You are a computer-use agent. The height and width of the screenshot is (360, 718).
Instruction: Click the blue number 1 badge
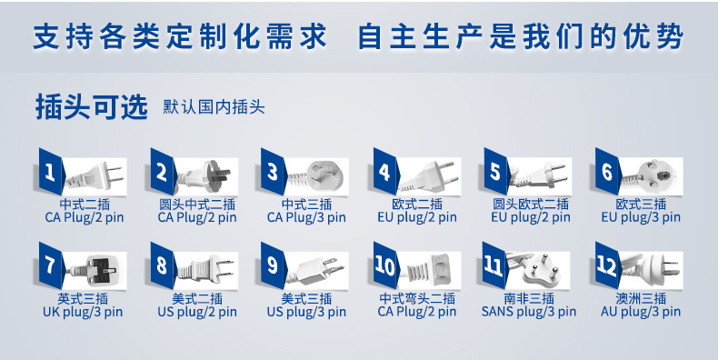51,172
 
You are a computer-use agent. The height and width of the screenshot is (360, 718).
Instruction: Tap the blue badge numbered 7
51,265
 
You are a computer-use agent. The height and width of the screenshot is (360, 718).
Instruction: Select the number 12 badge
608,265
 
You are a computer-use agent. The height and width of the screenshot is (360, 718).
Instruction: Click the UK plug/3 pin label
83,313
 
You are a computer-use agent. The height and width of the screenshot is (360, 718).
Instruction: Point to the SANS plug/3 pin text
529,313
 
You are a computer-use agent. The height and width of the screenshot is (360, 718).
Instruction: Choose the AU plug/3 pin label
641,313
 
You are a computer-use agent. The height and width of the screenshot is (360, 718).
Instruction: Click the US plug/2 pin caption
197,313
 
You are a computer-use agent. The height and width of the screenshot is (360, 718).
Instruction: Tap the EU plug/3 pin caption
641,217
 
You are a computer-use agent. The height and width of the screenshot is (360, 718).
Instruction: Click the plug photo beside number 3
317,176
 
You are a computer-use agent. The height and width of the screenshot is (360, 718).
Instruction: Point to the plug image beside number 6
652,176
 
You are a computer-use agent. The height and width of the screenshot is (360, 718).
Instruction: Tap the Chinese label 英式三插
83,298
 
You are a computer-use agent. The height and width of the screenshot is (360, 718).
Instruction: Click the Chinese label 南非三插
529,298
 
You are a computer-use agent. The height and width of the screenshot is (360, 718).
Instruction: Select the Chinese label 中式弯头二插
417,298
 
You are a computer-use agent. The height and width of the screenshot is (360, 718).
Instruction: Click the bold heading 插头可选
92,107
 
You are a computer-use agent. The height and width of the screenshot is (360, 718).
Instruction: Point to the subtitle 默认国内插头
214,107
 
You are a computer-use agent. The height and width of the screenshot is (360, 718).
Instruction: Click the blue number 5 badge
496,172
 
